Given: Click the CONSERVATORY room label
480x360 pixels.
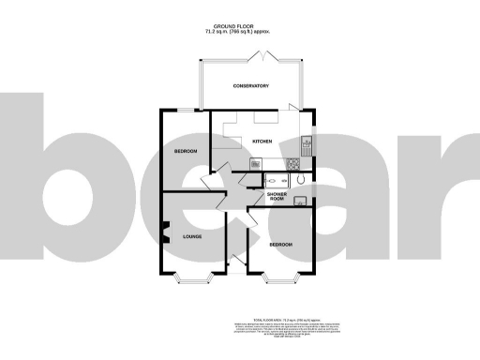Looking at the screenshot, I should [250, 86].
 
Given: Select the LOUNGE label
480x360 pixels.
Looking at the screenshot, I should [193, 237].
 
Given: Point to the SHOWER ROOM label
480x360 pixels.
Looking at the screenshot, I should [276, 196].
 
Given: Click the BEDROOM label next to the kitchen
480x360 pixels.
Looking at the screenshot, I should [186, 151].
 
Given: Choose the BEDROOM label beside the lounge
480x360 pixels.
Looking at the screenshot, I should [281, 245].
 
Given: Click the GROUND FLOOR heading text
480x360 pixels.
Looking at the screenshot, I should [239, 27].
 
